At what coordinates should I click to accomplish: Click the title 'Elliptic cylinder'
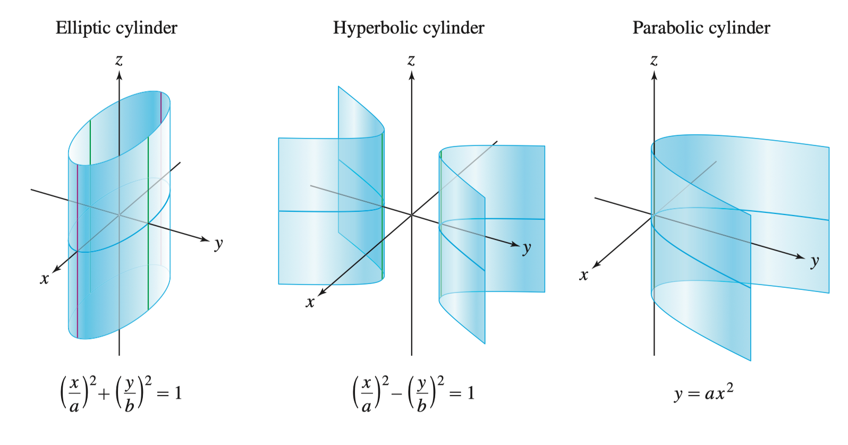tap(116, 28)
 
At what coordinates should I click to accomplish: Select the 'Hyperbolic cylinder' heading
tap(409, 28)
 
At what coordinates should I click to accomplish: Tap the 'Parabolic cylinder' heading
tap(701, 28)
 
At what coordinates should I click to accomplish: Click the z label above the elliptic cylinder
tap(119, 61)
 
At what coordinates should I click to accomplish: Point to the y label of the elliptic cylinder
tap(218, 244)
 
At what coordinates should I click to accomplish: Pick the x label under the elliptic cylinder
tap(45, 279)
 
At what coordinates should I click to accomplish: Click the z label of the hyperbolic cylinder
tap(411, 61)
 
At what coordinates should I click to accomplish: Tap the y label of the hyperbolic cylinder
tap(526, 248)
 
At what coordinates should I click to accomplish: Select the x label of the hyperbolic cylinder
tap(310, 303)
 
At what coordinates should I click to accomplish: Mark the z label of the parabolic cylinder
tap(654, 61)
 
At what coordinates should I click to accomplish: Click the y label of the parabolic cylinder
tap(815, 261)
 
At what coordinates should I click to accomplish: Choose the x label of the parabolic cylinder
tap(584, 275)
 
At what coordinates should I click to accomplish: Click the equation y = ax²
tap(703, 393)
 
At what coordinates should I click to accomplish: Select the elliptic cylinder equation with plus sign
tap(120, 393)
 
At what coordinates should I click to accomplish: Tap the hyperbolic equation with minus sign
tap(413, 393)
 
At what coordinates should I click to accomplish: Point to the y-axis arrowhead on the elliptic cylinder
tap(205, 239)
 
